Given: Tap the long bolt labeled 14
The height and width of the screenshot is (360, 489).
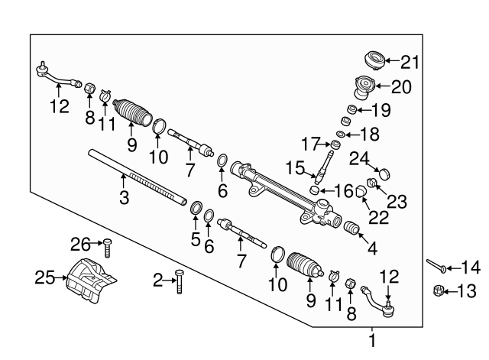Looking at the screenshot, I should tap(437, 267).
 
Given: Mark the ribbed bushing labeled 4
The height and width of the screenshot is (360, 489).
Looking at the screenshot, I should tap(351, 229).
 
